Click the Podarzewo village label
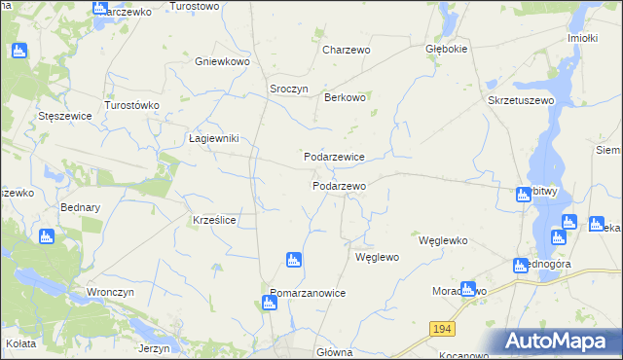tap(339, 186)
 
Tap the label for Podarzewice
tap(334, 157)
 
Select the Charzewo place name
tap(347, 50)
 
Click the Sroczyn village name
tap(288, 89)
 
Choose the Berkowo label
tap(345, 97)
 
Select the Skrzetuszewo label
tap(521, 100)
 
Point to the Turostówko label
tap(131, 104)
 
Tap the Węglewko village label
tap(444, 240)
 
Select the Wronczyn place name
tap(109, 292)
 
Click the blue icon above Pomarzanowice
tap(292, 260)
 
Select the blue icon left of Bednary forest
tap(46, 236)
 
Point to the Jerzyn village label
tap(154, 348)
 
